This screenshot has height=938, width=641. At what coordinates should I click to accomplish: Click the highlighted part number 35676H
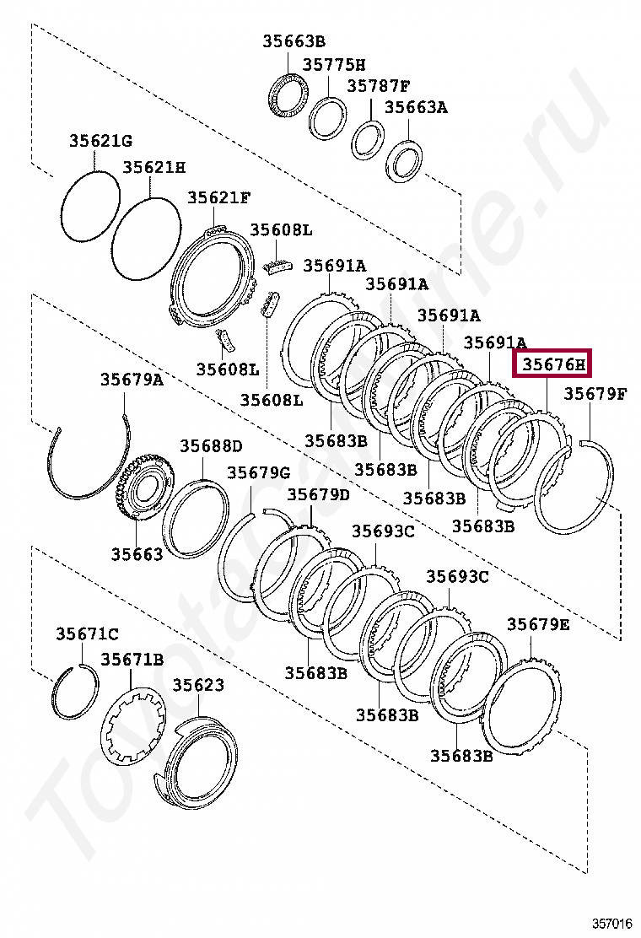tap(553, 365)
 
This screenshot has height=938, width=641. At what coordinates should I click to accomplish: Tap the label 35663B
tap(293, 40)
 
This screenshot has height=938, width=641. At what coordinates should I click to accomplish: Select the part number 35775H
tap(335, 64)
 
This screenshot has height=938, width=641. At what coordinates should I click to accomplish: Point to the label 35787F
tap(379, 86)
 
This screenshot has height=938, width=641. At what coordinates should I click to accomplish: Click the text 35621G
tap(100, 140)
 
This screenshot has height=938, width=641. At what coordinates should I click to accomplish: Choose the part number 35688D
tap(210, 445)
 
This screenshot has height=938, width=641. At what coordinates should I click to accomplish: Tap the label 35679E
tap(538, 624)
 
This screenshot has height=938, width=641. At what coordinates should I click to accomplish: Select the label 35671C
tap(87, 633)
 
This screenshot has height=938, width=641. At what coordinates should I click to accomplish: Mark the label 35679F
tap(595, 393)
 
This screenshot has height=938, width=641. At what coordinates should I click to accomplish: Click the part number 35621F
tap(218, 197)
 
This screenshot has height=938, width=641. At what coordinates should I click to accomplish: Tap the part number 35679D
tap(318, 494)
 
